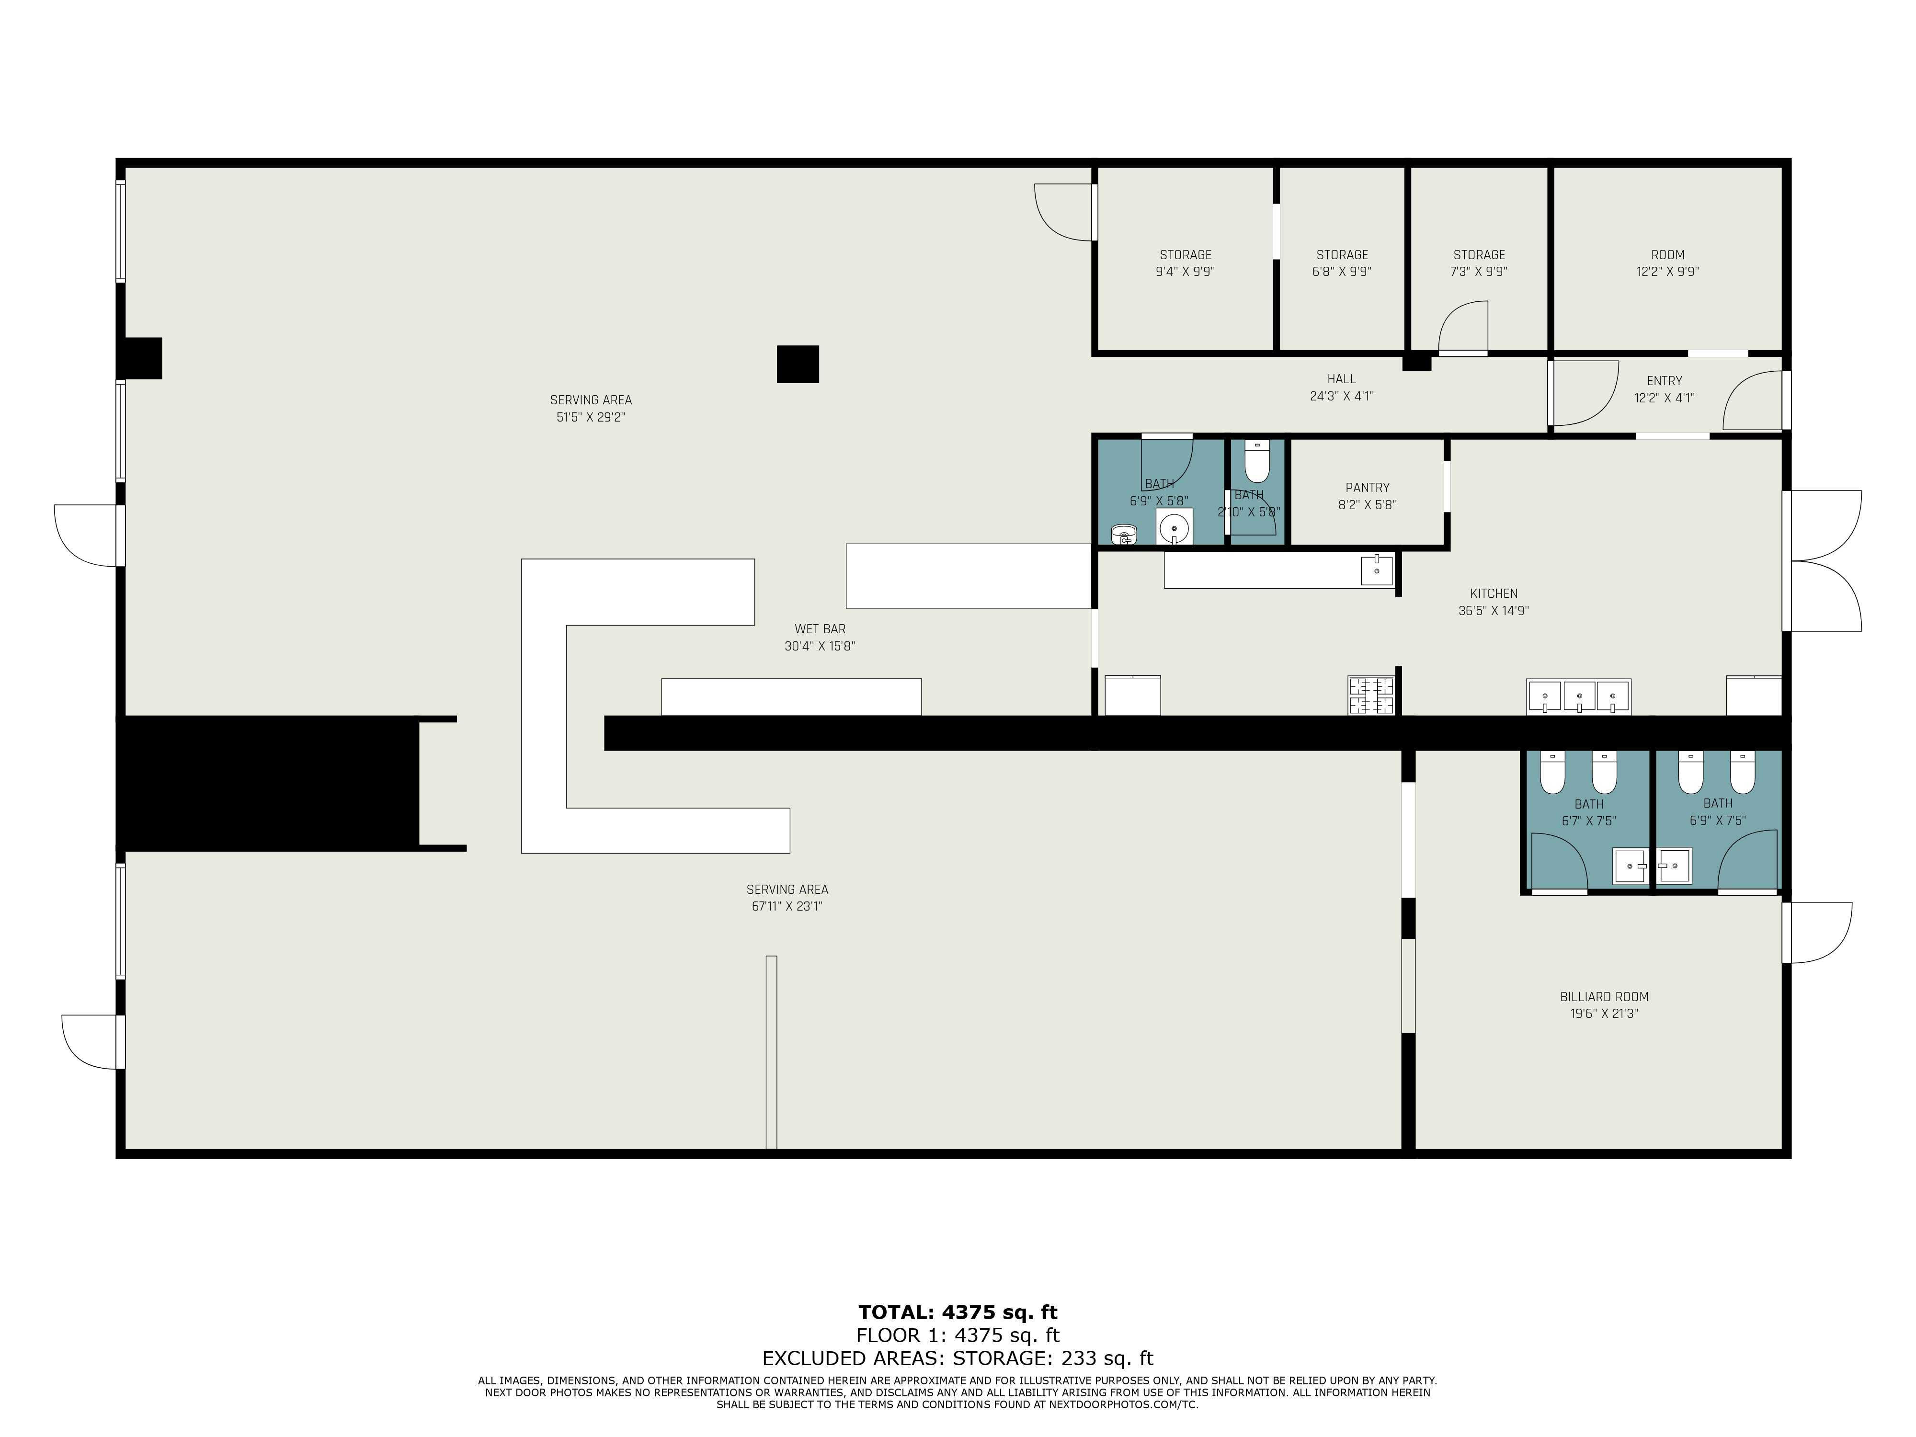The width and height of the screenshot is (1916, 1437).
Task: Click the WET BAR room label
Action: [x=820, y=629]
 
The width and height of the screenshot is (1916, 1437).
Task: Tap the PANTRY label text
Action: [x=1367, y=488]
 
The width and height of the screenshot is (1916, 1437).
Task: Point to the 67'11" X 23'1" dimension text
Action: [x=787, y=907]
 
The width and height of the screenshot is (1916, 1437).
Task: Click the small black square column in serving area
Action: [x=797, y=364]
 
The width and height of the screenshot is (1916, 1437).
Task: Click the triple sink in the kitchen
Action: [x=1578, y=696]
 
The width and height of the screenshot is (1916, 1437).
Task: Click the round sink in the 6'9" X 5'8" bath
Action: [x=1174, y=526]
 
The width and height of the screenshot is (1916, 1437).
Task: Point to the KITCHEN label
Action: [x=1494, y=593]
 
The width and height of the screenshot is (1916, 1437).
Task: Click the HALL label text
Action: [x=1341, y=378]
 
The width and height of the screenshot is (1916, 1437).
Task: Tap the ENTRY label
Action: [x=1664, y=380]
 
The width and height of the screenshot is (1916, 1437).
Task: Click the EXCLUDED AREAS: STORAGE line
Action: [x=957, y=1358]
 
